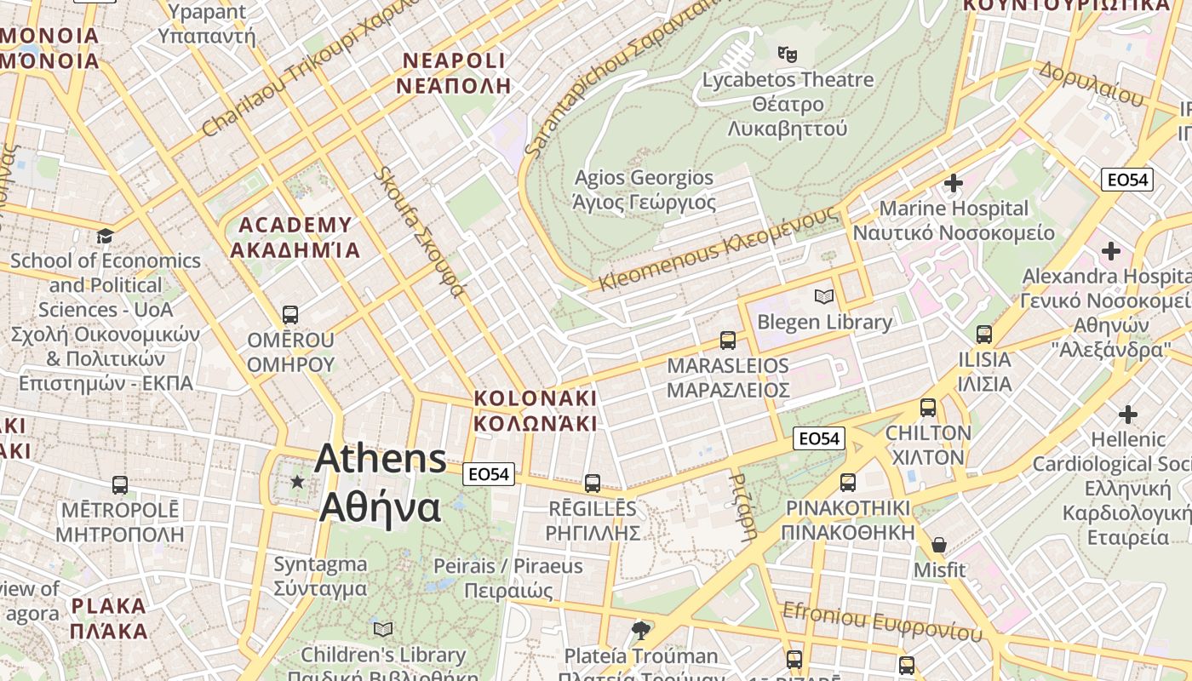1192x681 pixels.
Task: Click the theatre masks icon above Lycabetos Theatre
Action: (788, 54)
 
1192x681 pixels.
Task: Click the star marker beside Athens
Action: (297, 483)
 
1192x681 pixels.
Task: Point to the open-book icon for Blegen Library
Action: (823, 296)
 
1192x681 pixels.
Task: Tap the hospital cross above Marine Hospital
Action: (954, 183)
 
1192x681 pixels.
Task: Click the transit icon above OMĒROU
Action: (290, 315)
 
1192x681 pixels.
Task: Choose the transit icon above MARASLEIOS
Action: (728, 340)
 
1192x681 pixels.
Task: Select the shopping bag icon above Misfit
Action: (939, 545)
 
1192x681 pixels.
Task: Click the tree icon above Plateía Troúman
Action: (641, 631)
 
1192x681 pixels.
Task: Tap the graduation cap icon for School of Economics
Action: (105, 236)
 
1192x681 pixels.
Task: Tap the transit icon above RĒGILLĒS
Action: (593, 484)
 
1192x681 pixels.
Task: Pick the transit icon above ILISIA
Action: (984, 335)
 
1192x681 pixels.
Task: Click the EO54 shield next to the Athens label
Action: (490, 474)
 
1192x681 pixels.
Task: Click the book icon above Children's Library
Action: (383, 629)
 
